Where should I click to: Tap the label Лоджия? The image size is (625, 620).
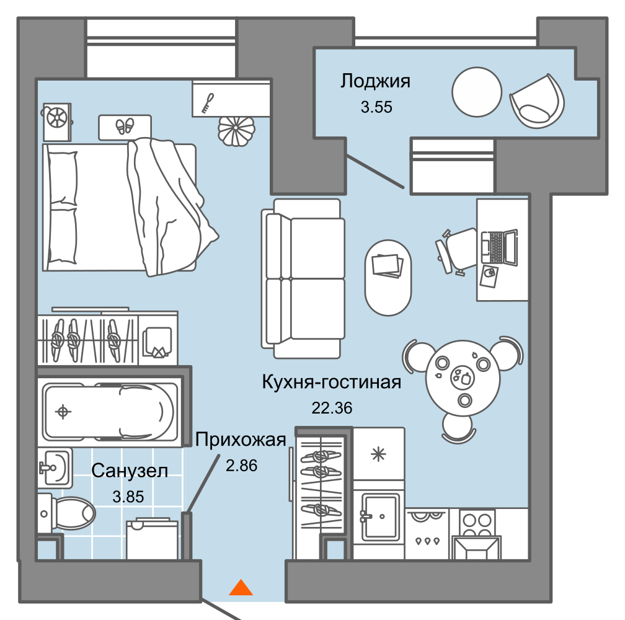point(375,82)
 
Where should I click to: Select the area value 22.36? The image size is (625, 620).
point(332,408)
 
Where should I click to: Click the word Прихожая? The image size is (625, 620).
point(241,440)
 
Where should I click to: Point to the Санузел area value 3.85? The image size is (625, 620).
point(128,497)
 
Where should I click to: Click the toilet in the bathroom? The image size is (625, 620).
point(66,513)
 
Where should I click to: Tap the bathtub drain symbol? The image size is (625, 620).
point(63,412)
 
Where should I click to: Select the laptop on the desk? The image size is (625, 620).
point(499,247)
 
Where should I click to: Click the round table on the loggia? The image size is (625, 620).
point(477,92)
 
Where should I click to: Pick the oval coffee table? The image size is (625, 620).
point(388,278)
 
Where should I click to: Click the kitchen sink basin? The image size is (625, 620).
point(380,517)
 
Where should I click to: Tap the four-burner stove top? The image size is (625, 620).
point(477,525)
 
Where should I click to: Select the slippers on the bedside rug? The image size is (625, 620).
point(125,126)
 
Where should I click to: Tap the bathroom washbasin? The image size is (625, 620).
point(55,467)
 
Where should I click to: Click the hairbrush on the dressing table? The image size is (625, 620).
point(208,103)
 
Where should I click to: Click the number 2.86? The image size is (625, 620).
point(242,466)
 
